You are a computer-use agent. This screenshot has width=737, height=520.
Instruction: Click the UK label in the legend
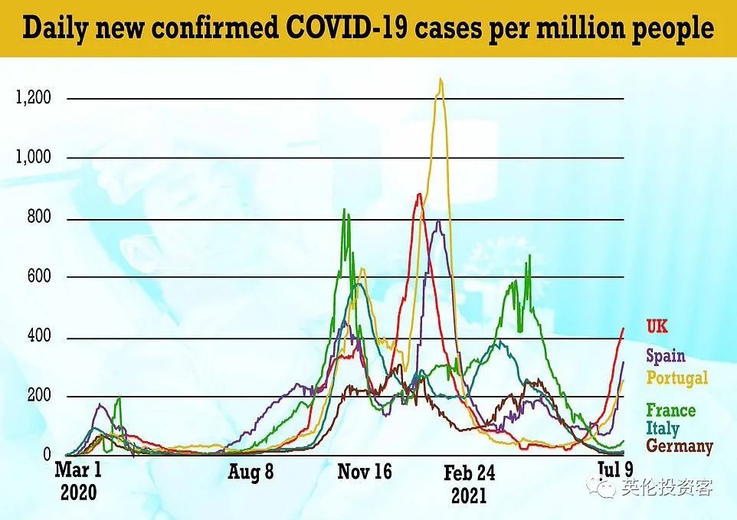coord(657,327)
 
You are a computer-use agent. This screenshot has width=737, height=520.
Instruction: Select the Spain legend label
coord(665,355)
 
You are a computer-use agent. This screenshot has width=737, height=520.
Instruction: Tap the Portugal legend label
coord(677,378)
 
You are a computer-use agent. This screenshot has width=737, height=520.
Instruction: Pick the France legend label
coord(670,410)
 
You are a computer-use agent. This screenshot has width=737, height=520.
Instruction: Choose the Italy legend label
coord(662,428)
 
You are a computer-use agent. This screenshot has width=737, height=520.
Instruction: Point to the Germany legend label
coord(680,446)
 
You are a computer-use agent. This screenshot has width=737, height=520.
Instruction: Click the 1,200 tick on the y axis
coord(34,98)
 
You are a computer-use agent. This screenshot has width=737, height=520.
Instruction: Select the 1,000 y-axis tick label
coord(34,157)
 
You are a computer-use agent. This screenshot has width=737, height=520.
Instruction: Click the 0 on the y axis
coord(46,455)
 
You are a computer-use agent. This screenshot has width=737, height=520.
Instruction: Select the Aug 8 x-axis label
coord(250,472)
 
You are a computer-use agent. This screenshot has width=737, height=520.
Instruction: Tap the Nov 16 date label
coord(365,472)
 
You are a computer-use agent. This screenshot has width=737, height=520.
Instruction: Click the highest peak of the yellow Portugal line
coord(441,79)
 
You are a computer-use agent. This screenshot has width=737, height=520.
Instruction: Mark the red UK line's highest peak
coord(418,195)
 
